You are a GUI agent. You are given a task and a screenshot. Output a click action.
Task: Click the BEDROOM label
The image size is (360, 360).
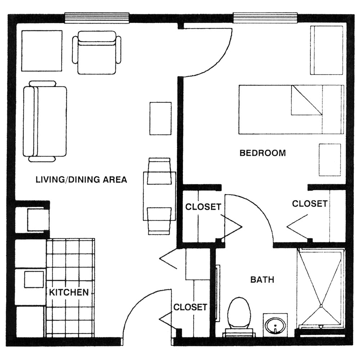point(263,153)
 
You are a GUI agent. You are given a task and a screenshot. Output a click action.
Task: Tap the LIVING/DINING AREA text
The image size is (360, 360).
point(81,179)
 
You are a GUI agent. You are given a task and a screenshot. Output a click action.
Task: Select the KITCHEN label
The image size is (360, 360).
point(69,292)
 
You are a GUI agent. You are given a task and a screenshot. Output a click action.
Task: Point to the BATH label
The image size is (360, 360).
point(262,280)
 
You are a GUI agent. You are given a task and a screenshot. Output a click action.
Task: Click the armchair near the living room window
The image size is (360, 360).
point(96,53)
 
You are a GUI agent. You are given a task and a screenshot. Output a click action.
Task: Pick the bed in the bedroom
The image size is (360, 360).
point(291,109)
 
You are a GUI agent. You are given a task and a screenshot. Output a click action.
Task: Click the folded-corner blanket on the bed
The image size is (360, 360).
point(307,100)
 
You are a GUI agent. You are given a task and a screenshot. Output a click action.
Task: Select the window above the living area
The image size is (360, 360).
point(96,18)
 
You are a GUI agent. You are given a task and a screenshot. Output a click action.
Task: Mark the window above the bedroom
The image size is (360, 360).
point(265,18)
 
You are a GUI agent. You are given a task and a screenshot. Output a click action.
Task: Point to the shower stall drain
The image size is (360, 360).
point(321,306)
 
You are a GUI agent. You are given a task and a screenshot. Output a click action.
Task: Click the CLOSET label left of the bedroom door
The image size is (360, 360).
point(203,207)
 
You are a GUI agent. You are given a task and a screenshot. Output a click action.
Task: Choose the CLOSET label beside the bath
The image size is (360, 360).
point(190,307)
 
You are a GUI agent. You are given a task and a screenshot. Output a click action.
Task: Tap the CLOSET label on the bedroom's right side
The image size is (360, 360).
point(310,204)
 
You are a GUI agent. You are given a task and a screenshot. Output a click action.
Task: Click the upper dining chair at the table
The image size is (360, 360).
point(159,171)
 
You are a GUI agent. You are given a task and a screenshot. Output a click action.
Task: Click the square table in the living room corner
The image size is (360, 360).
point(42,51)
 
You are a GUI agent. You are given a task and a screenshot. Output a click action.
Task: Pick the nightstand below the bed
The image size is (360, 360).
point(330,160)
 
